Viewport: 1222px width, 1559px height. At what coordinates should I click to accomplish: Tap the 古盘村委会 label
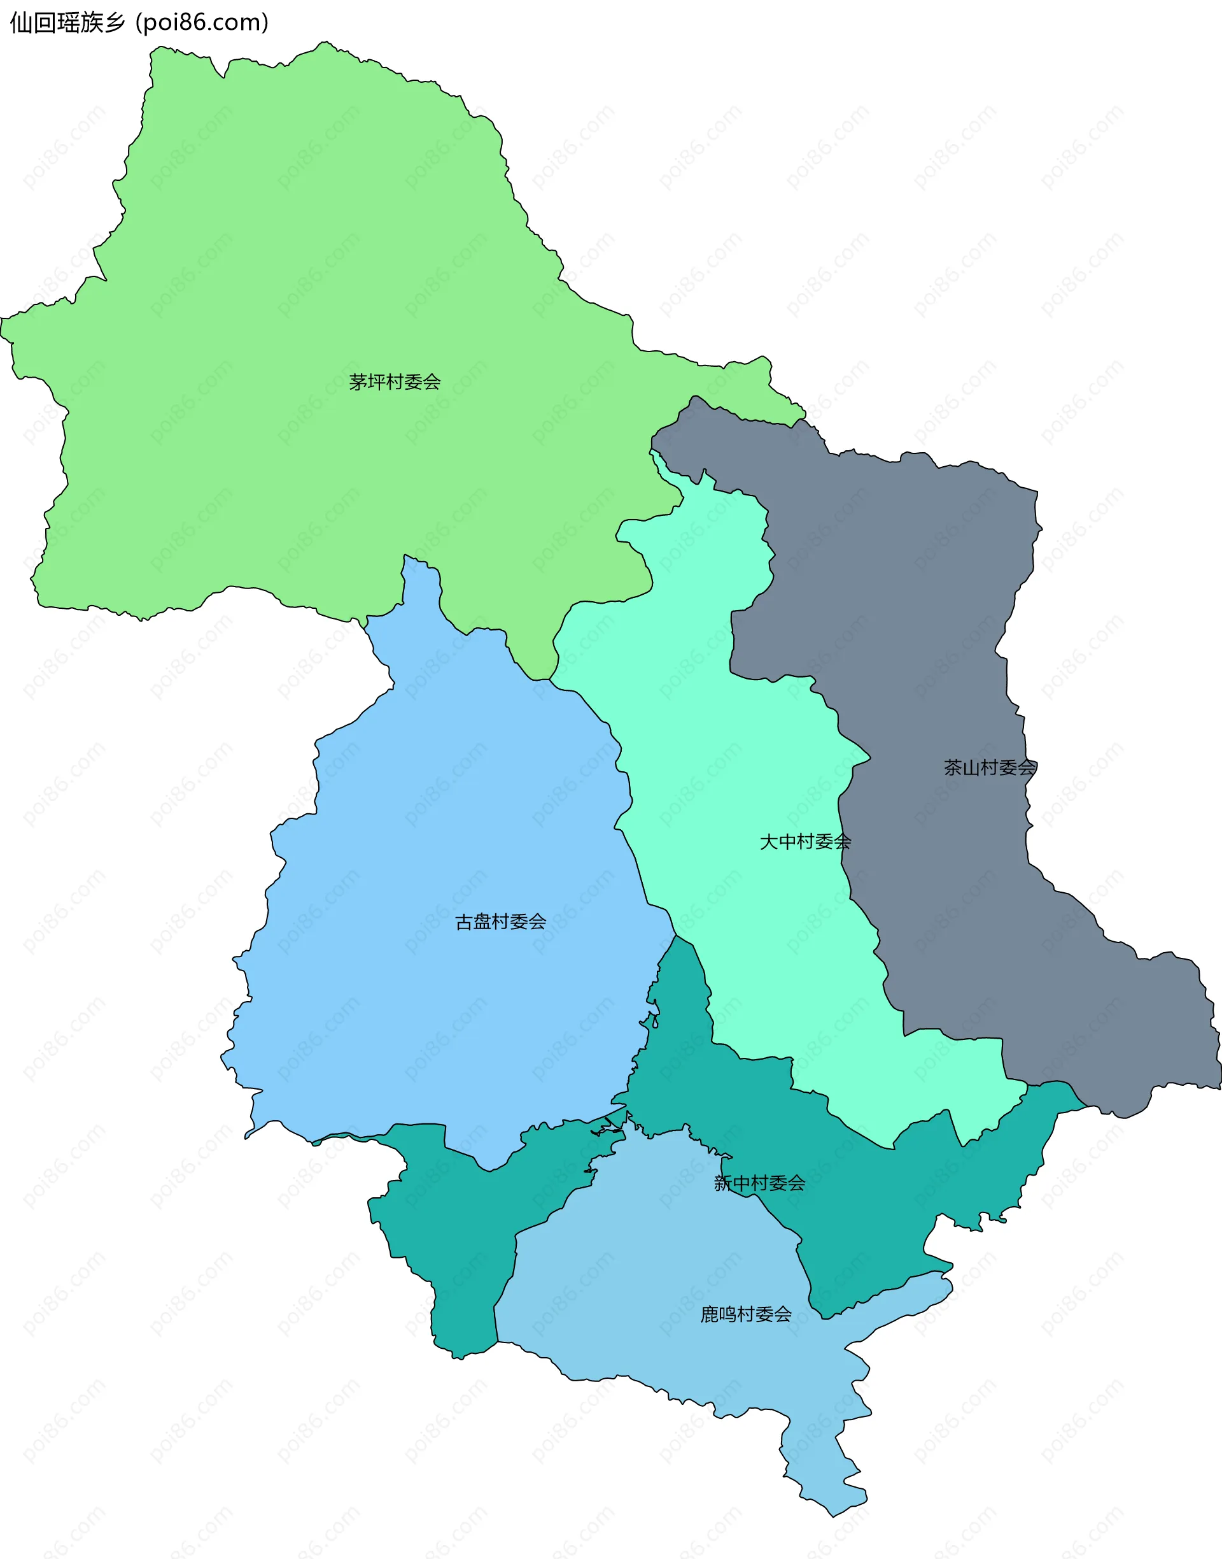tap(500, 922)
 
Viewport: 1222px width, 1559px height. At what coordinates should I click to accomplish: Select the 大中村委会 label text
tap(805, 841)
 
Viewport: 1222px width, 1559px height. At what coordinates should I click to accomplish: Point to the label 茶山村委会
tap(990, 767)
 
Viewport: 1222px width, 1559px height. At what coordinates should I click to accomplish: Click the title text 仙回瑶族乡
tap(68, 22)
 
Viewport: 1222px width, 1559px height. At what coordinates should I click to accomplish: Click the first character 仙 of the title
tap(21, 22)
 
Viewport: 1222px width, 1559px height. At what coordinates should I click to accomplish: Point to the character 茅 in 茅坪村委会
tap(358, 381)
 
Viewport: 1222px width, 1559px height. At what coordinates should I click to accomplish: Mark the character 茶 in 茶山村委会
tap(953, 767)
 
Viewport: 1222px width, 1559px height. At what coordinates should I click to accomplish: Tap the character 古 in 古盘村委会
tap(463, 922)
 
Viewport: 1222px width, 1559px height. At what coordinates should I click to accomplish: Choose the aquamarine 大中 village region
tap(715, 751)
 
